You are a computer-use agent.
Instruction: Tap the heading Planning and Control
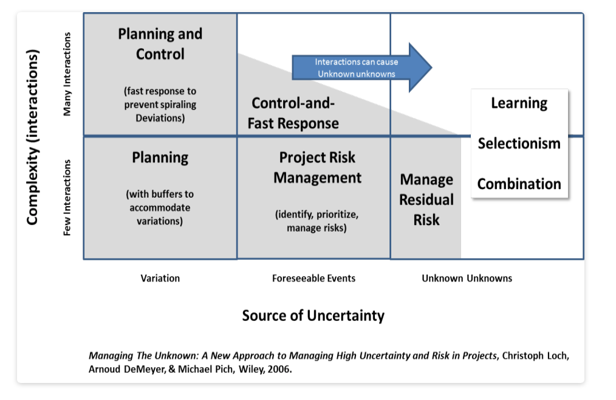click(x=160, y=44)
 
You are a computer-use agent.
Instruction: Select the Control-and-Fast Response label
click(x=293, y=114)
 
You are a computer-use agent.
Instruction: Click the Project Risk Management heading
click(x=317, y=168)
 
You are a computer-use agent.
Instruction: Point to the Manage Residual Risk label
click(x=426, y=199)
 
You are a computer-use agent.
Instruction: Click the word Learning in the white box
click(x=519, y=103)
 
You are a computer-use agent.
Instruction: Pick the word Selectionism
click(x=519, y=143)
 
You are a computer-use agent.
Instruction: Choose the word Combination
click(x=519, y=184)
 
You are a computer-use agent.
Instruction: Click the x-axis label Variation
click(x=160, y=278)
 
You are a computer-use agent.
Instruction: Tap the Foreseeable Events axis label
click(x=313, y=278)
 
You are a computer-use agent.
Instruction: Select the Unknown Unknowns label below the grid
click(x=467, y=278)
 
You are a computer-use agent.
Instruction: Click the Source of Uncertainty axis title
click(x=313, y=316)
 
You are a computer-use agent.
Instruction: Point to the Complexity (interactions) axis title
click(x=33, y=137)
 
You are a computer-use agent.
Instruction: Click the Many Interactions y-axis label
click(x=67, y=74)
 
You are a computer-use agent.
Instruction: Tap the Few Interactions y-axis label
click(x=67, y=198)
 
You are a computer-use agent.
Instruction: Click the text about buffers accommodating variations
click(x=160, y=208)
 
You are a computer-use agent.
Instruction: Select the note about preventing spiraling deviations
click(x=160, y=105)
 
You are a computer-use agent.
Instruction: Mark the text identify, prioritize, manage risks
click(x=317, y=221)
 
